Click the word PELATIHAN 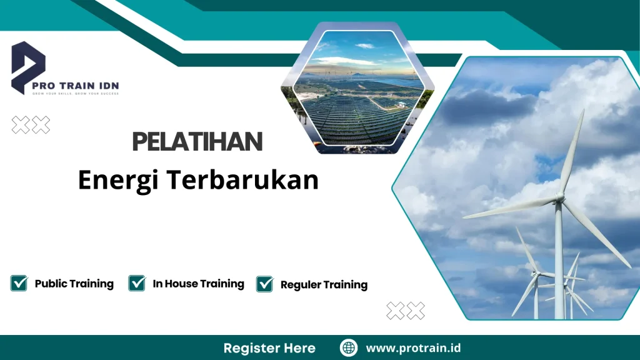(x=197, y=142)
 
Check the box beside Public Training (x=19, y=283)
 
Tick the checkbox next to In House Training (x=137, y=283)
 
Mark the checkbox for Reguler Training (x=265, y=284)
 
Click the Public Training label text (x=74, y=284)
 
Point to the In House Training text (x=198, y=284)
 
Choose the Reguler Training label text (x=324, y=284)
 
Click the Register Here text (x=269, y=348)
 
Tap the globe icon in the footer (x=349, y=348)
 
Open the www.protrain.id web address (x=413, y=348)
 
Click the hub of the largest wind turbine (x=559, y=200)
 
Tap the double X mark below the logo (x=31, y=125)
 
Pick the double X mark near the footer (x=406, y=310)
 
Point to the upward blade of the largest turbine (x=572, y=153)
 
